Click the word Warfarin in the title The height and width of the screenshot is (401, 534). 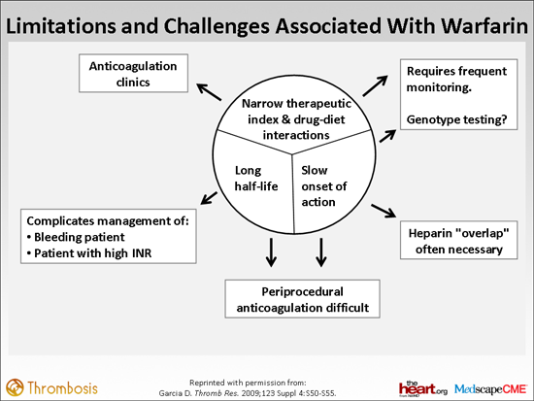tap(484, 26)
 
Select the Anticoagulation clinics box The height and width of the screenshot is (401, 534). tap(134, 73)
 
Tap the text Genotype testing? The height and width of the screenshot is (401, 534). tap(456, 119)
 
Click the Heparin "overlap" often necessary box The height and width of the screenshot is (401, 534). tap(458, 240)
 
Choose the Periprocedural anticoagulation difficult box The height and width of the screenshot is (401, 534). tap(302, 299)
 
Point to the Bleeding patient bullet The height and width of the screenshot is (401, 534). tap(76, 237)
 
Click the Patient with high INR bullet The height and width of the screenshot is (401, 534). tap(89, 253)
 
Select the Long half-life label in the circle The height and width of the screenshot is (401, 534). tap(256, 179)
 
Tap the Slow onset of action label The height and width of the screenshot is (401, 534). tap(324, 186)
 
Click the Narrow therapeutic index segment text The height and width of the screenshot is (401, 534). tap(296, 119)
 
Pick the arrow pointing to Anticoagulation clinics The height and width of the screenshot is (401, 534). tap(209, 92)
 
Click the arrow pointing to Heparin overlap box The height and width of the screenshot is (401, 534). tap(384, 211)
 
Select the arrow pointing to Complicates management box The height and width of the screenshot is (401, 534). tap(209, 198)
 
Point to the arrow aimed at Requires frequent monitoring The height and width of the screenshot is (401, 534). tap(375, 85)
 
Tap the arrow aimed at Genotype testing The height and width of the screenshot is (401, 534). tap(387, 136)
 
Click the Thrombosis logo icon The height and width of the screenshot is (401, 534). tap(15, 387)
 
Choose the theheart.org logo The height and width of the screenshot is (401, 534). tap(423, 388)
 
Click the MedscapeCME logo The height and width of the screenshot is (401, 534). tap(490, 388)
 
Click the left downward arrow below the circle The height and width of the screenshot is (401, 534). tap(271, 252)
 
